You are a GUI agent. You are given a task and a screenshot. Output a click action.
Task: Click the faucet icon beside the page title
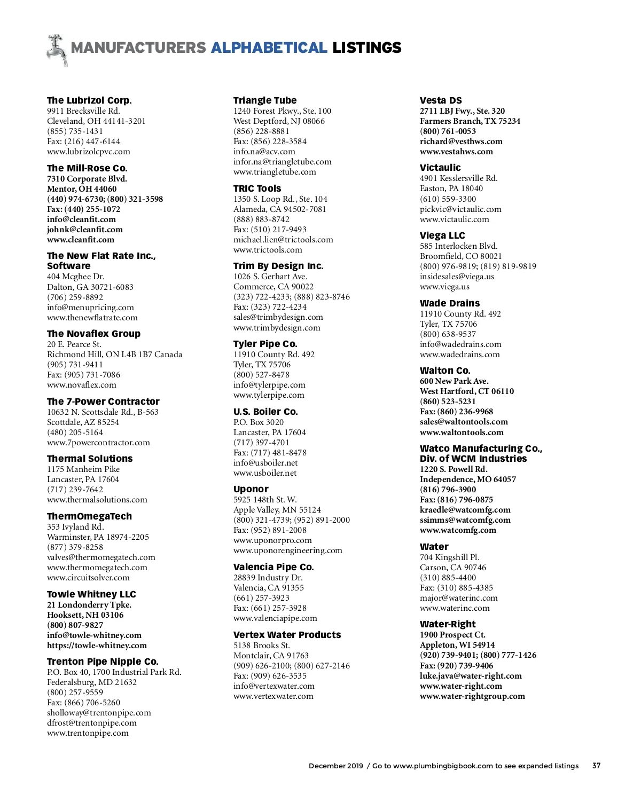(57, 50)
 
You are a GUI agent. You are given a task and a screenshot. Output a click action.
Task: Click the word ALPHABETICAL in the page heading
(269, 48)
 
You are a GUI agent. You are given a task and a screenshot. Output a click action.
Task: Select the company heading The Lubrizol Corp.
(89, 100)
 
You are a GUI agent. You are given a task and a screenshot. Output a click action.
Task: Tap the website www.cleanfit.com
(81, 240)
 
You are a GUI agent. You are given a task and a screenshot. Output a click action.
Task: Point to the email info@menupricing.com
(90, 308)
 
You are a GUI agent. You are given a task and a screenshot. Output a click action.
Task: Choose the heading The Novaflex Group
(93, 334)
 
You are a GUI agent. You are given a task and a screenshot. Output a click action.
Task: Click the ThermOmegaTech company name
(89, 516)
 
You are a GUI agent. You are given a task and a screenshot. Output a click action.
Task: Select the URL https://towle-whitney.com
(97, 646)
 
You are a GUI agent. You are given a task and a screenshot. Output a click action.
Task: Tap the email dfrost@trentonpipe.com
(92, 723)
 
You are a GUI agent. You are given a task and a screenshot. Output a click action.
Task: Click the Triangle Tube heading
(265, 100)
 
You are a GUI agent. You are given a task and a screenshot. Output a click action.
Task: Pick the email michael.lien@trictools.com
(283, 240)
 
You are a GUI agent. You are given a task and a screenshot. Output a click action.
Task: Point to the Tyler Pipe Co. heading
(265, 344)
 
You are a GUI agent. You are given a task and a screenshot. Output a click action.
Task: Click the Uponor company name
(251, 489)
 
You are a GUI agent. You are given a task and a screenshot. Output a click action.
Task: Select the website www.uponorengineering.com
(288, 550)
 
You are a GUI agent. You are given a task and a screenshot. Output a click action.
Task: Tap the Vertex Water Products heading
(287, 635)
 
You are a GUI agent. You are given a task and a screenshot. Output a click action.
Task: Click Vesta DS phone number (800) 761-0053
(448, 131)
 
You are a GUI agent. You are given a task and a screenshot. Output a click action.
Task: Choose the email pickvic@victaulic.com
(460, 209)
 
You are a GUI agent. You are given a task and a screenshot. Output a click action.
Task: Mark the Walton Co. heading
(445, 371)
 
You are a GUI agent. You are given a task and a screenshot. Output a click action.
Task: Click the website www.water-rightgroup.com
(472, 696)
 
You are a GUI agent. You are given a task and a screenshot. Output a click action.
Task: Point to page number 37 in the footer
(596, 766)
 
